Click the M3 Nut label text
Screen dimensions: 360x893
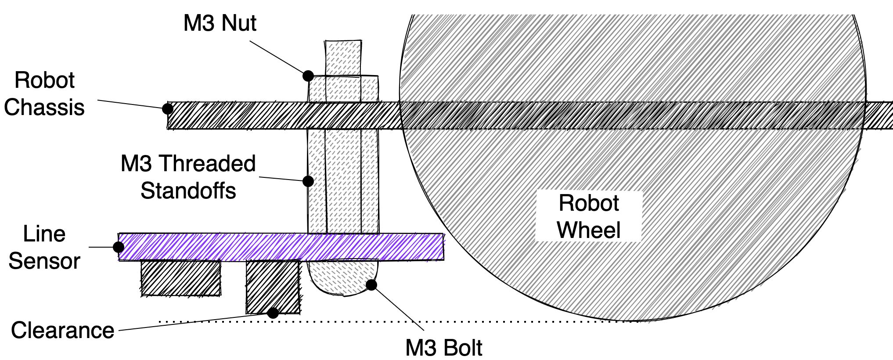pos(220,23)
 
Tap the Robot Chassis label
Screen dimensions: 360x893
pos(44,94)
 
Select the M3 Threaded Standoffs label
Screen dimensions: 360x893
pos(188,177)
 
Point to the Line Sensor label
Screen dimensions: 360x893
pos(44,247)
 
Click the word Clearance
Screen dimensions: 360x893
pos(62,330)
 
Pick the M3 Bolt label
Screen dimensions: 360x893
pos(443,348)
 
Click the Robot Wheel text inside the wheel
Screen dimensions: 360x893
pos(588,216)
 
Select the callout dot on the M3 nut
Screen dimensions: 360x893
pos(308,76)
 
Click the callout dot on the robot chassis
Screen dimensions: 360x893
pos(168,108)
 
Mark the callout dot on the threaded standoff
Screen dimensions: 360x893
pos(308,181)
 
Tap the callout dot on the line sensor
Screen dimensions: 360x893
pos(119,247)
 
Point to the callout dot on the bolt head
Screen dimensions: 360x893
pos(371,284)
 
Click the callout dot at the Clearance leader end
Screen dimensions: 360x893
pos(273,313)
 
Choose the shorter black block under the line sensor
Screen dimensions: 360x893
pos(180,278)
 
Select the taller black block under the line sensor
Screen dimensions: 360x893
pos(273,286)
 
